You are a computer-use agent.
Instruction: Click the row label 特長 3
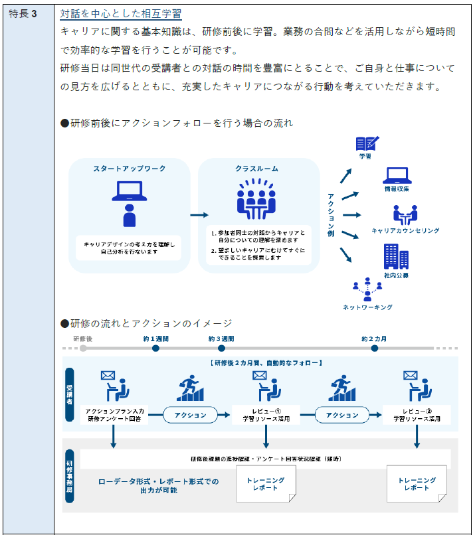tap(23, 14)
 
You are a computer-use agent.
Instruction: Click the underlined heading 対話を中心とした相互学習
tap(120, 14)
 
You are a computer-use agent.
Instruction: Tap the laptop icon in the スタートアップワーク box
tap(130, 191)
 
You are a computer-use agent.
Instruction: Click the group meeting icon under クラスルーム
tap(256, 199)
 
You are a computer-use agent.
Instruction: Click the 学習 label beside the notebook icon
tap(365, 157)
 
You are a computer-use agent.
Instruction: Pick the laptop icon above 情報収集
tap(397, 175)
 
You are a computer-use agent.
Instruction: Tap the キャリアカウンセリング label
tap(405, 231)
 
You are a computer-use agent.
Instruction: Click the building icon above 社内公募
tap(396, 256)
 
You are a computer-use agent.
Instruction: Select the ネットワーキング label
tap(367, 307)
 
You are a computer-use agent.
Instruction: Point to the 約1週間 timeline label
tap(155, 339)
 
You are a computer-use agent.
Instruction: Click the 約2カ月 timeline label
tap(374, 339)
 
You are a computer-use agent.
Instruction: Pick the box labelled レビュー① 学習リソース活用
tap(262, 415)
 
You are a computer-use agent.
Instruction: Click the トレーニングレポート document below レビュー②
tap(417, 483)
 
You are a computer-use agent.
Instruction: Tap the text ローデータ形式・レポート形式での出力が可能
tap(158, 486)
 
